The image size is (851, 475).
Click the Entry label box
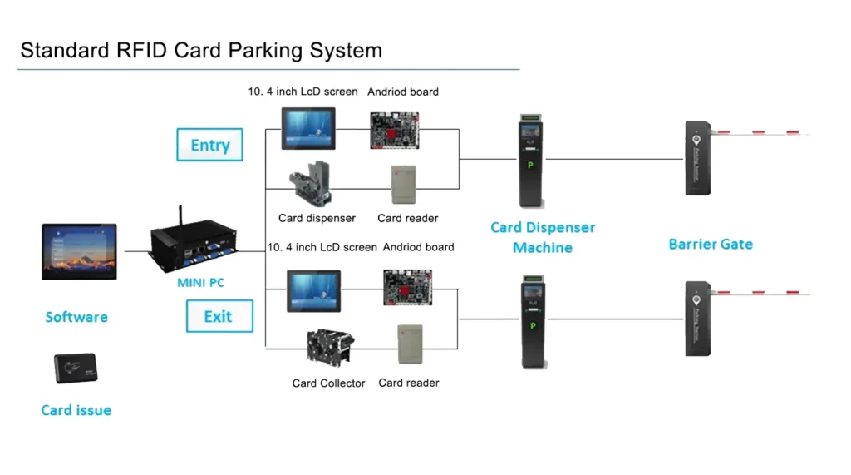pyautogui.click(x=209, y=145)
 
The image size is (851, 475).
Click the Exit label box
pyautogui.click(x=218, y=316)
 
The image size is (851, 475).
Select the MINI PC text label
pyautogui.click(x=200, y=283)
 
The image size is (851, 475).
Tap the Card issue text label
pyautogui.click(x=76, y=410)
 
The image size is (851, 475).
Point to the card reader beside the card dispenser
pyautogui.click(x=403, y=185)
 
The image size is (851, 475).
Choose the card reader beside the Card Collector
pyautogui.click(x=410, y=344)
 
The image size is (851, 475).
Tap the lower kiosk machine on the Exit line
pyautogui.click(x=532, y=320)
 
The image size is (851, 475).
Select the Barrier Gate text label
pyautogui.click(x=711, y=245)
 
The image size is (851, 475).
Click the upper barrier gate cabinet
pyautogui.click(x=696, y=158)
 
